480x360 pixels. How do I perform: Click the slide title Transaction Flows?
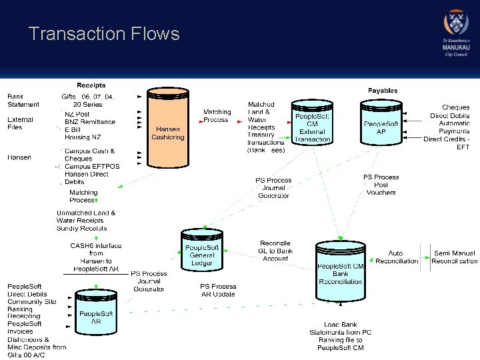(x=104, y=34)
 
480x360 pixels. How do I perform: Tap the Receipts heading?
(x=91, y=85)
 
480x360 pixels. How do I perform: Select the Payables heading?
(x=383, y=91)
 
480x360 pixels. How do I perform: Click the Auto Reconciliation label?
(x=397, y=257)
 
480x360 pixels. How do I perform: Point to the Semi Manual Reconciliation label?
(x=454, y=257)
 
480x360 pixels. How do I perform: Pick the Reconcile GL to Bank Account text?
(x=275, y=251)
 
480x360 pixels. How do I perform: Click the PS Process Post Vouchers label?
(x=381, y=185)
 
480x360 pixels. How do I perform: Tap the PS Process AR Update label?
(x=218, y=290)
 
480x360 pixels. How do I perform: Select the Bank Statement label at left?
(x=23, y=100)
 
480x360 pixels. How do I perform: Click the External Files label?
(x=20, y=123)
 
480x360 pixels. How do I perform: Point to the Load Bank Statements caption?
(x=340, y=336)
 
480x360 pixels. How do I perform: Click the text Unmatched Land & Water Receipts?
(x=85, y=217)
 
